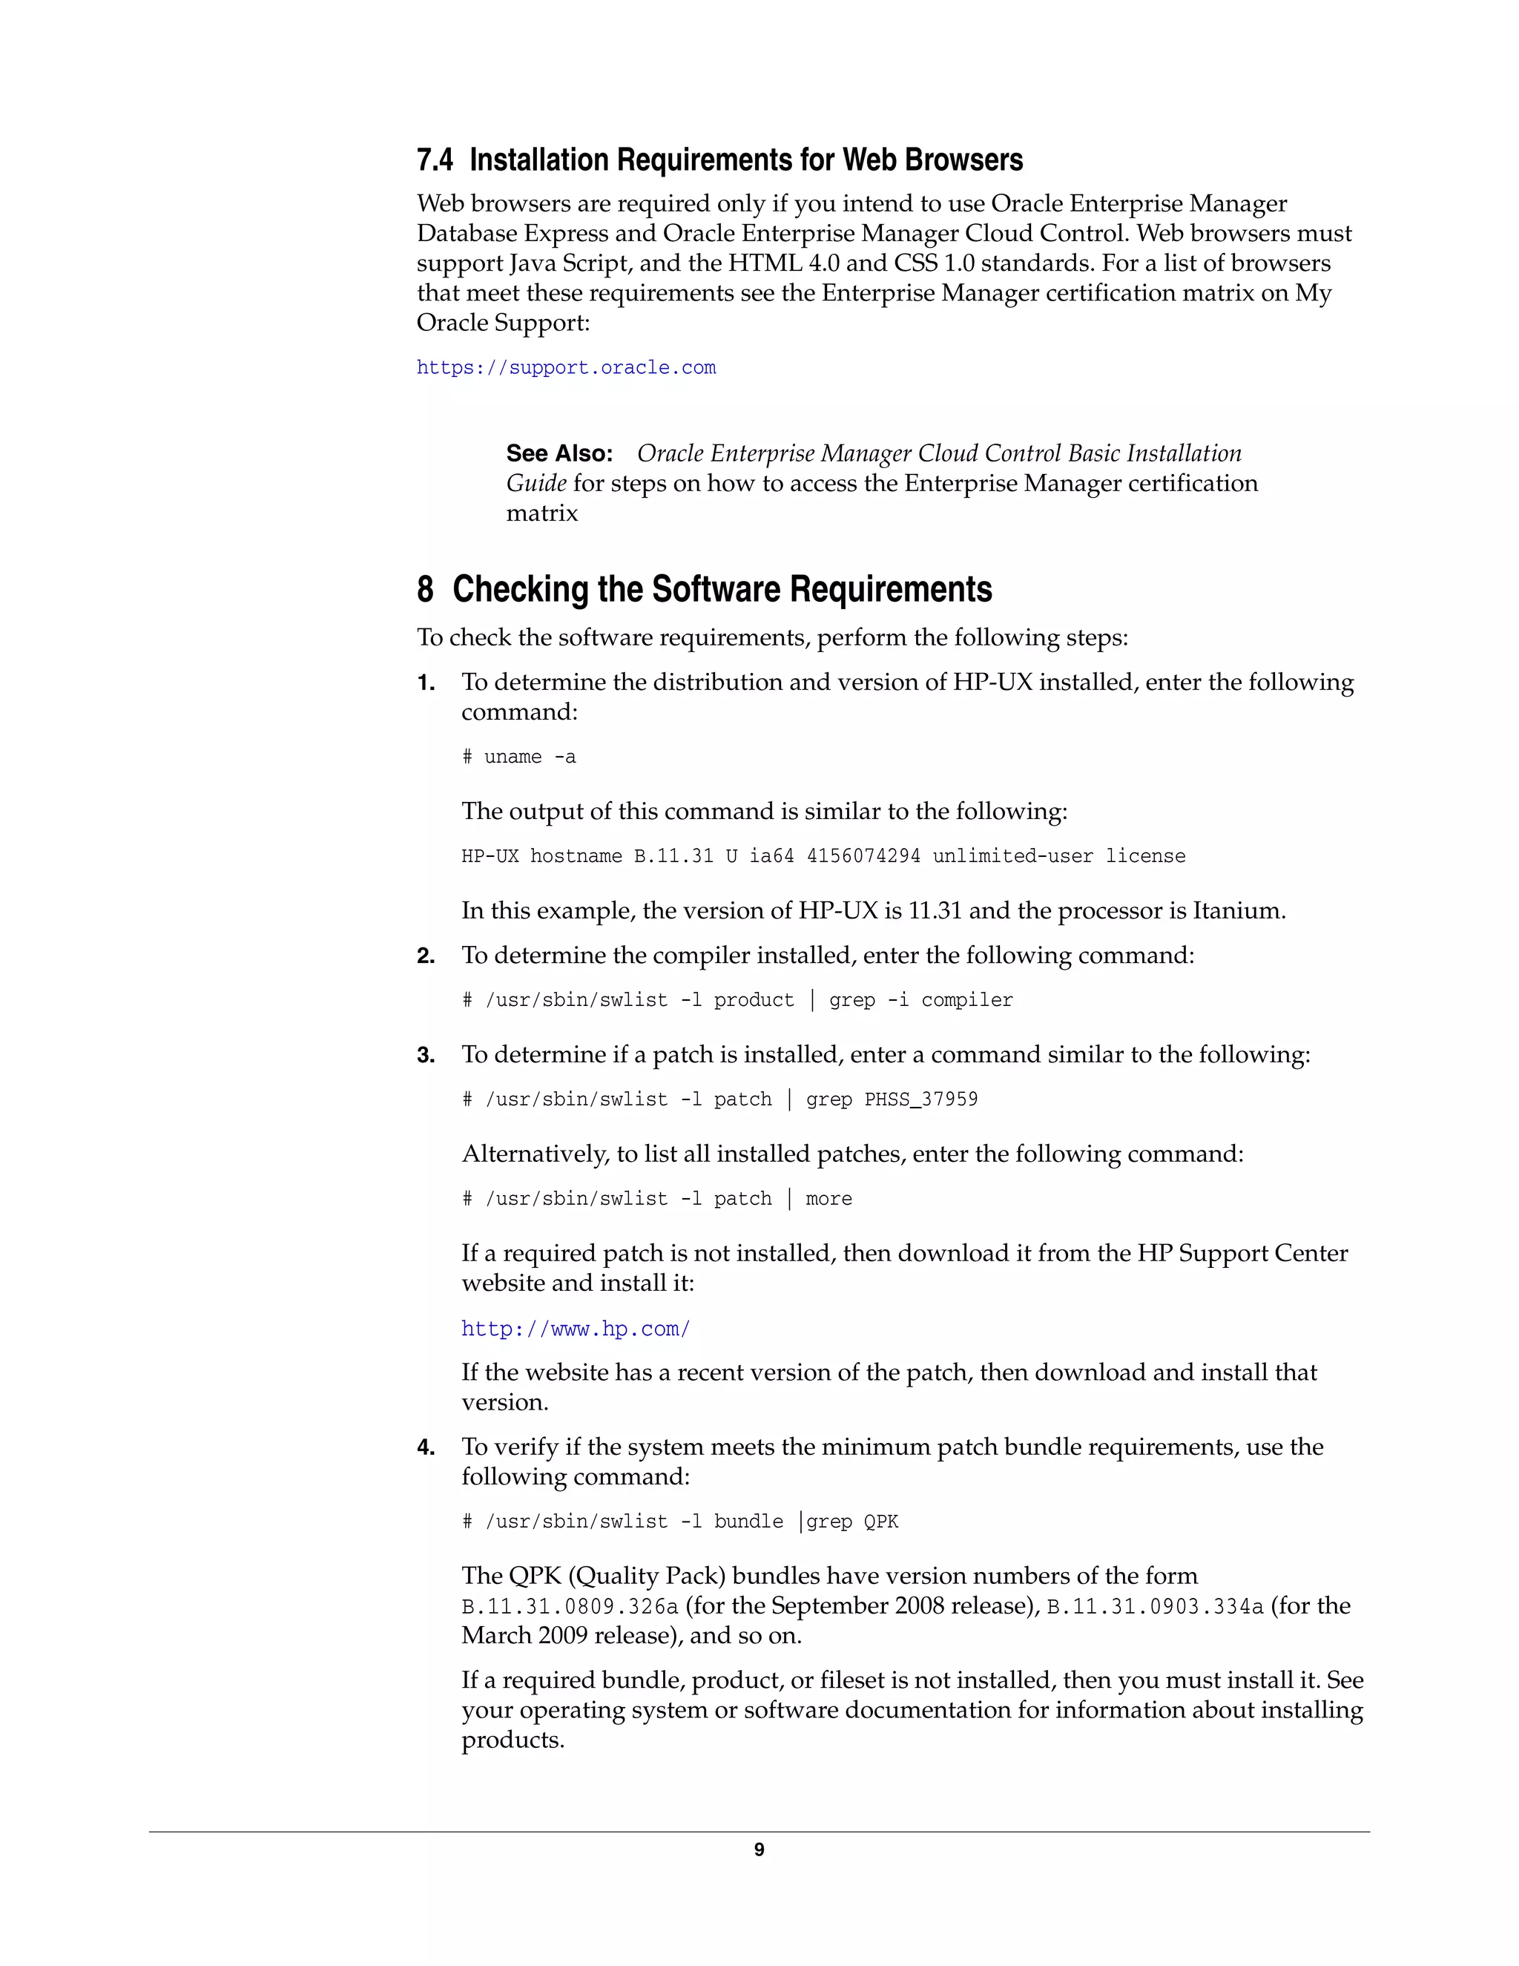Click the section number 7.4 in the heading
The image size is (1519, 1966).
(435, 160)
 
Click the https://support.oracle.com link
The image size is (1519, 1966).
(566, 368)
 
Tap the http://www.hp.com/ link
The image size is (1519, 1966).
(575, 1329)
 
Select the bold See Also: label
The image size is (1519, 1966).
(558, 453)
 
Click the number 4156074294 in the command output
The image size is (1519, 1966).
(863, 856)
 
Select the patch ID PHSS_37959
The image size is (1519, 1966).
(920, 1099)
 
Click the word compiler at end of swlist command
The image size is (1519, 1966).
(966, 1000)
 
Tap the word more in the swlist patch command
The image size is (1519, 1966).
(828, 1199)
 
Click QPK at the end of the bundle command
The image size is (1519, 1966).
(881, 1522)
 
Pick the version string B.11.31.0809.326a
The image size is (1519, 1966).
(570, 1607)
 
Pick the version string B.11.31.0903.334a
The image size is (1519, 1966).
(1155, 1607)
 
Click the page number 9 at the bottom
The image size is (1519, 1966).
(759, 1850)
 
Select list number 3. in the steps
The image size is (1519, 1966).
(426, 1055)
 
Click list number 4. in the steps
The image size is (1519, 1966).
(426, 1447)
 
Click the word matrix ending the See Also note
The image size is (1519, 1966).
(541, 513)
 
